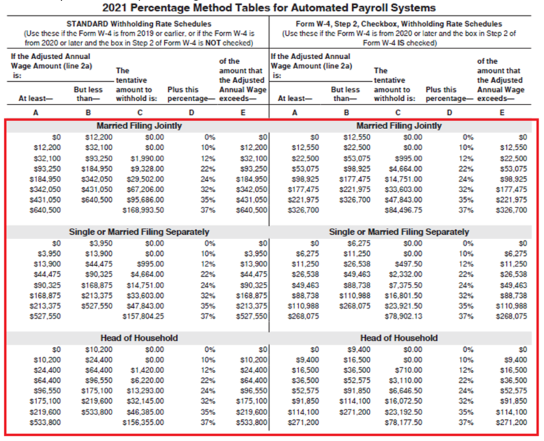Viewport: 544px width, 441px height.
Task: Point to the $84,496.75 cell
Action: (x=400, y=208)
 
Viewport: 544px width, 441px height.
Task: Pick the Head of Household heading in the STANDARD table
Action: (x=138, y=338)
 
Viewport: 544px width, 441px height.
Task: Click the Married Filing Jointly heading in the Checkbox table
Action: (x=398, y=126)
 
